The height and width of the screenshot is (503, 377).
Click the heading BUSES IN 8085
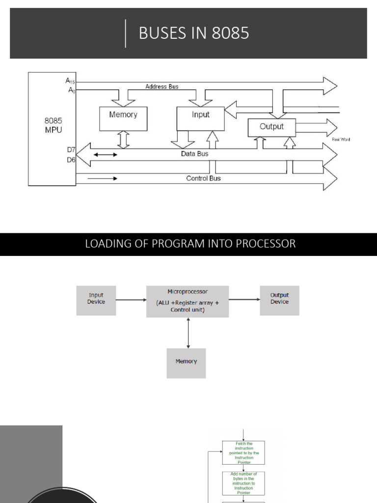coord(194,33)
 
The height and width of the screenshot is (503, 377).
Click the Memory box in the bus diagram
coord(123,118)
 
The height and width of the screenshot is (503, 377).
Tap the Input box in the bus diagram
coord(200,118)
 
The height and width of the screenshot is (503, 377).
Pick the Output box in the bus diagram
coord(271,127)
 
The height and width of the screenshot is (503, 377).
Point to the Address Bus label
coord(162,86)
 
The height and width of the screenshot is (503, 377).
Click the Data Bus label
coord(194,154)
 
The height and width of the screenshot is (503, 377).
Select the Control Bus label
coord(203,178)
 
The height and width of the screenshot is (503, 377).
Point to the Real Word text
coord(341,140)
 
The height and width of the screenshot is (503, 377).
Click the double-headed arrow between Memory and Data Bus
coord(123,140)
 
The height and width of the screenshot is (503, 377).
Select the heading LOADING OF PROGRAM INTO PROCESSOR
coord(190,244)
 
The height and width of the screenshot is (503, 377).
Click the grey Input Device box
coord(96,300)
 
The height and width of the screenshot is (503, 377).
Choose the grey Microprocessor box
coord(188,301)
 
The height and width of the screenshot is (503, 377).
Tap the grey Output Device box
coord(279,300)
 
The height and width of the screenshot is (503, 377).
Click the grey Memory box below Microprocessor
coord(186,363)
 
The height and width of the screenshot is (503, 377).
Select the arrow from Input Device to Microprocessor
coord(131,300)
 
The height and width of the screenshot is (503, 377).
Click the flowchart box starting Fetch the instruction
coord(243,452)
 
